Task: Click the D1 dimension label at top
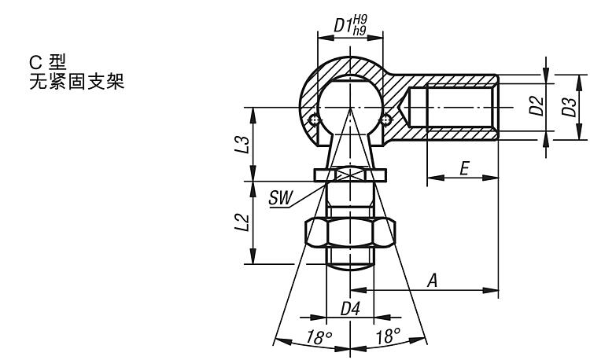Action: (x=344, y=26)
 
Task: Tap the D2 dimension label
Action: (x=537, y=105)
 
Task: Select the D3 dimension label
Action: (x=569, y=107)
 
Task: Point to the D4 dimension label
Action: (x=350, y=309)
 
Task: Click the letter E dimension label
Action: (x=465, y=168)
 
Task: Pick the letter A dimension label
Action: (x=433, y=281)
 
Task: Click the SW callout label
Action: (x=280, y=197)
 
